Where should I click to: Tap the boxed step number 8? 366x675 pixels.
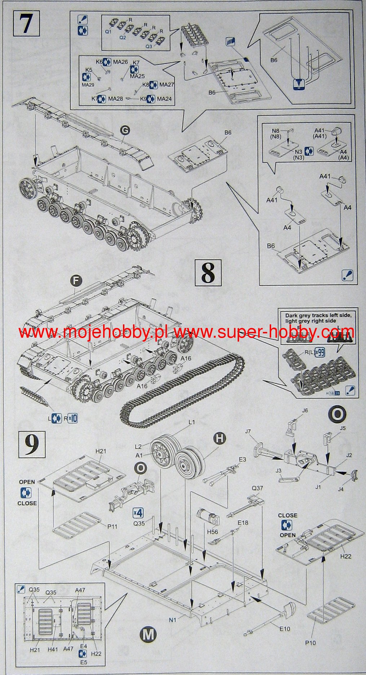click(207, 273)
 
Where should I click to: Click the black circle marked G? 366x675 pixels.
click(124, 132)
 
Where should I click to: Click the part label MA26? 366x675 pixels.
click(120, 62)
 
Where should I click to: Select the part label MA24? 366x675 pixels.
click(164, 99)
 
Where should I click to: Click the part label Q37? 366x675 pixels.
click(257, 488)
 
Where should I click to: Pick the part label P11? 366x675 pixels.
click(112, 526)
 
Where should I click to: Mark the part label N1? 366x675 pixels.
click(172, 620)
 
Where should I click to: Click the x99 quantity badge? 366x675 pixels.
click(319, 352)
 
